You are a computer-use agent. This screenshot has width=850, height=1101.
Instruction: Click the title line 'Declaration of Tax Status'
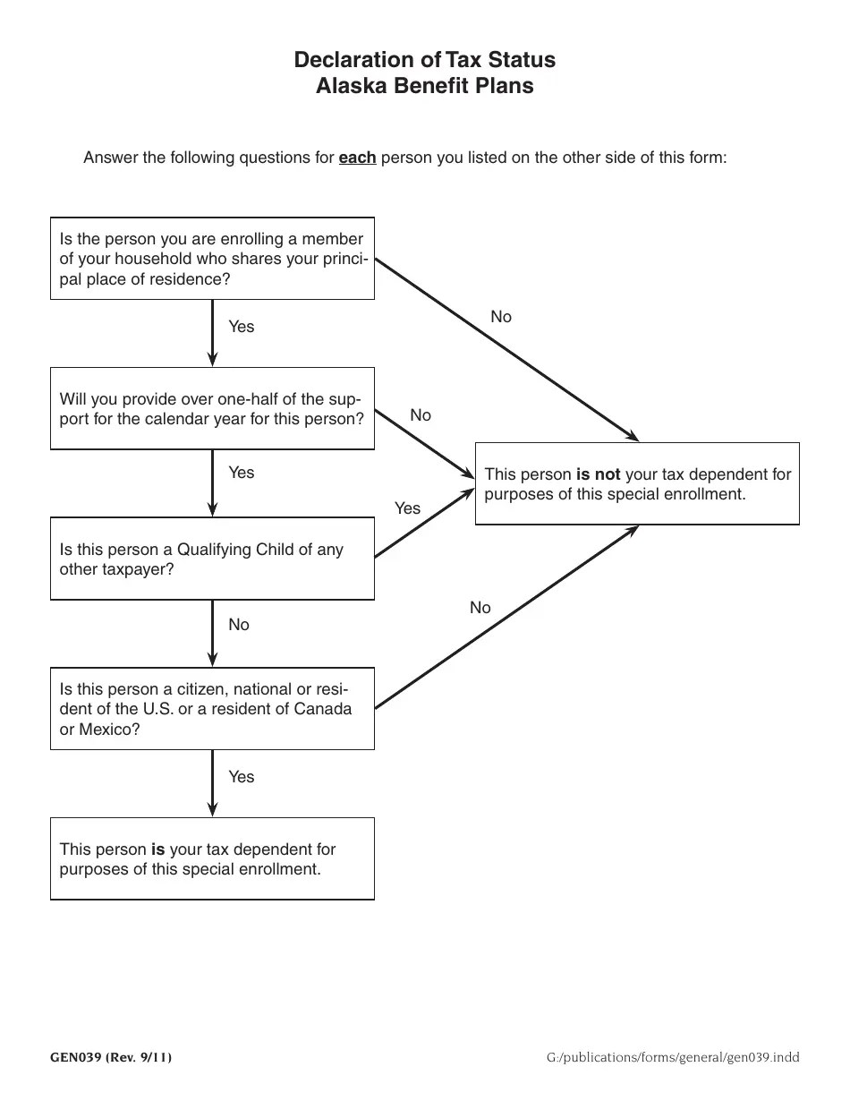coord(424,60)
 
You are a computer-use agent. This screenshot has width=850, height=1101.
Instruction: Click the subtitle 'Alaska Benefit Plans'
coord(424,86)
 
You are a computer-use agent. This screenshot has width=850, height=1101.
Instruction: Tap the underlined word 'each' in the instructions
coord(357,158)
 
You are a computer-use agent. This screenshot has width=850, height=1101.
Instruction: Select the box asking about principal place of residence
coord(212,259)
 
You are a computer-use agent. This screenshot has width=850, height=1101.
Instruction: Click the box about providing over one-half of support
coord(212,408)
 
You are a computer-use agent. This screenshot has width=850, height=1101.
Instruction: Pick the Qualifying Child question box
coord(212,559)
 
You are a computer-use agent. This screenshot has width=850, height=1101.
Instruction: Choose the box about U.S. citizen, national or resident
coord(212,708)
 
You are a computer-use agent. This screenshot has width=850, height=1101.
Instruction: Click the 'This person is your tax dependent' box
coord(212,858)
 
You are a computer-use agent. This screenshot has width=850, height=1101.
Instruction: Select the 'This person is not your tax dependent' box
coord(637,483)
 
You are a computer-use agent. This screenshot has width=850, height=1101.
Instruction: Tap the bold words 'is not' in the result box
coord(598,474)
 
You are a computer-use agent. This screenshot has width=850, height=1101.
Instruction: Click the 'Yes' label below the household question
coord(241,327)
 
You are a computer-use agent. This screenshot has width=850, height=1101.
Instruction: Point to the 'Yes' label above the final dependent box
coord(241,777)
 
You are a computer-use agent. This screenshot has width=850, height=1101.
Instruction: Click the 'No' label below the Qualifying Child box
coord(239,625)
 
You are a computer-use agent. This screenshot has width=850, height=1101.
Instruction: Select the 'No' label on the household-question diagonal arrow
coord(501,317)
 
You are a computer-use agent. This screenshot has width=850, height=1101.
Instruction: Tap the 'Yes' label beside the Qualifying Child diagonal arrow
coord(407,508)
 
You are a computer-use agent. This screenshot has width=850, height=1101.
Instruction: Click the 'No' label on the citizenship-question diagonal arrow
coord(480,608)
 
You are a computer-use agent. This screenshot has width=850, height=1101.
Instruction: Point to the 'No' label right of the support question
coord(421,415)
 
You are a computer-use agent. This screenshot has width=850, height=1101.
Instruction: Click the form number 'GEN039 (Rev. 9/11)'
coord(111,1057)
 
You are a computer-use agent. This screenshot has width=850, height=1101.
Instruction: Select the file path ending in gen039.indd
coord(673,1057)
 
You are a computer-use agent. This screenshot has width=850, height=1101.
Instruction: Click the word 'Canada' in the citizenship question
coord(326,709)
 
